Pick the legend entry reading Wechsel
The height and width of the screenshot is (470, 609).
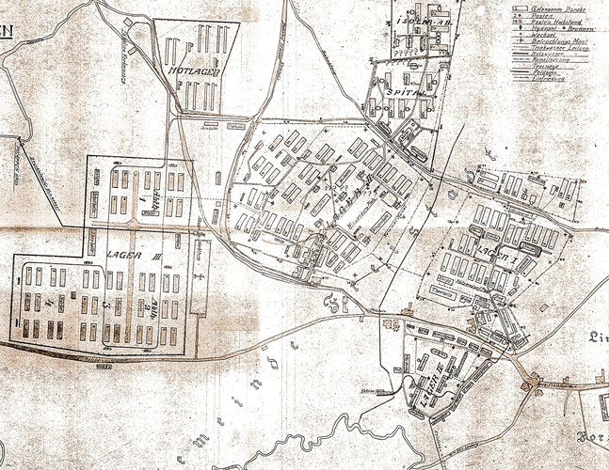(x=545, y=36)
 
